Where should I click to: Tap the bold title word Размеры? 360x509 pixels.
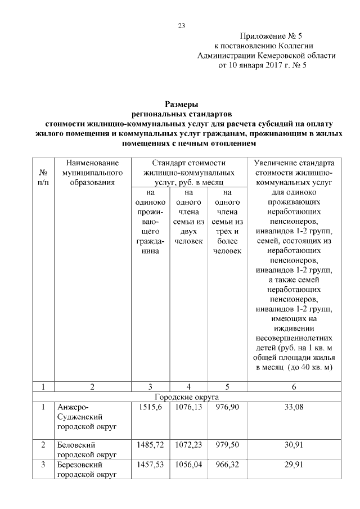pos(181,104)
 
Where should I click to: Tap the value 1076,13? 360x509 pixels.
pos(189,407)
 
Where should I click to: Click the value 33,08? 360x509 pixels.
pos(294,407)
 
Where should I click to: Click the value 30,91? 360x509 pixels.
pos(294,445)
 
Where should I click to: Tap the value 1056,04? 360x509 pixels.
pos(189,466)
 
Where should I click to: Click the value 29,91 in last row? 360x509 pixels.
pos(294,466)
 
